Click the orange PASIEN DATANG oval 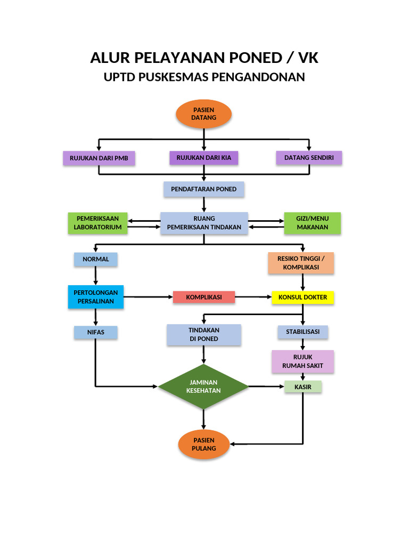click(x=204, y=114)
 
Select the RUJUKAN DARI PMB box click(x=99, y=158)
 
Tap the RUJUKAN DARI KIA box click(x=204, y=158)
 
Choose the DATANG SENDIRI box click(x=309, y=158)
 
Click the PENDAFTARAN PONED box click(x=204, y=189)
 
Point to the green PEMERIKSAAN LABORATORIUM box click(x=98, y=223)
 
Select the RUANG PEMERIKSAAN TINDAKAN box click(x=204, y=223)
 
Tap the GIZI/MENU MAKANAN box click(x=312, y=223)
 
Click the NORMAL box click(x=96, y=259)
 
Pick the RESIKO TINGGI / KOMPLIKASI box click(x=301, y=263)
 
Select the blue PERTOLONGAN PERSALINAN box click(x=96, y=297)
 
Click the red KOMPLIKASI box click(x=204, y=297)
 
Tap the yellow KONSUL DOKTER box click(x=303, y=297)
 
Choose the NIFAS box click(x=96, y=332)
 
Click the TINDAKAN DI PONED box click(x=204, y=334)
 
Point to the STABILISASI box click(x=303, y=332)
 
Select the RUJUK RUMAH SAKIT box click(x=303, y=362)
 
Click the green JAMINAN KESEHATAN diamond click(x=203, y=387)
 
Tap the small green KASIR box click(x=303, y=387)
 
